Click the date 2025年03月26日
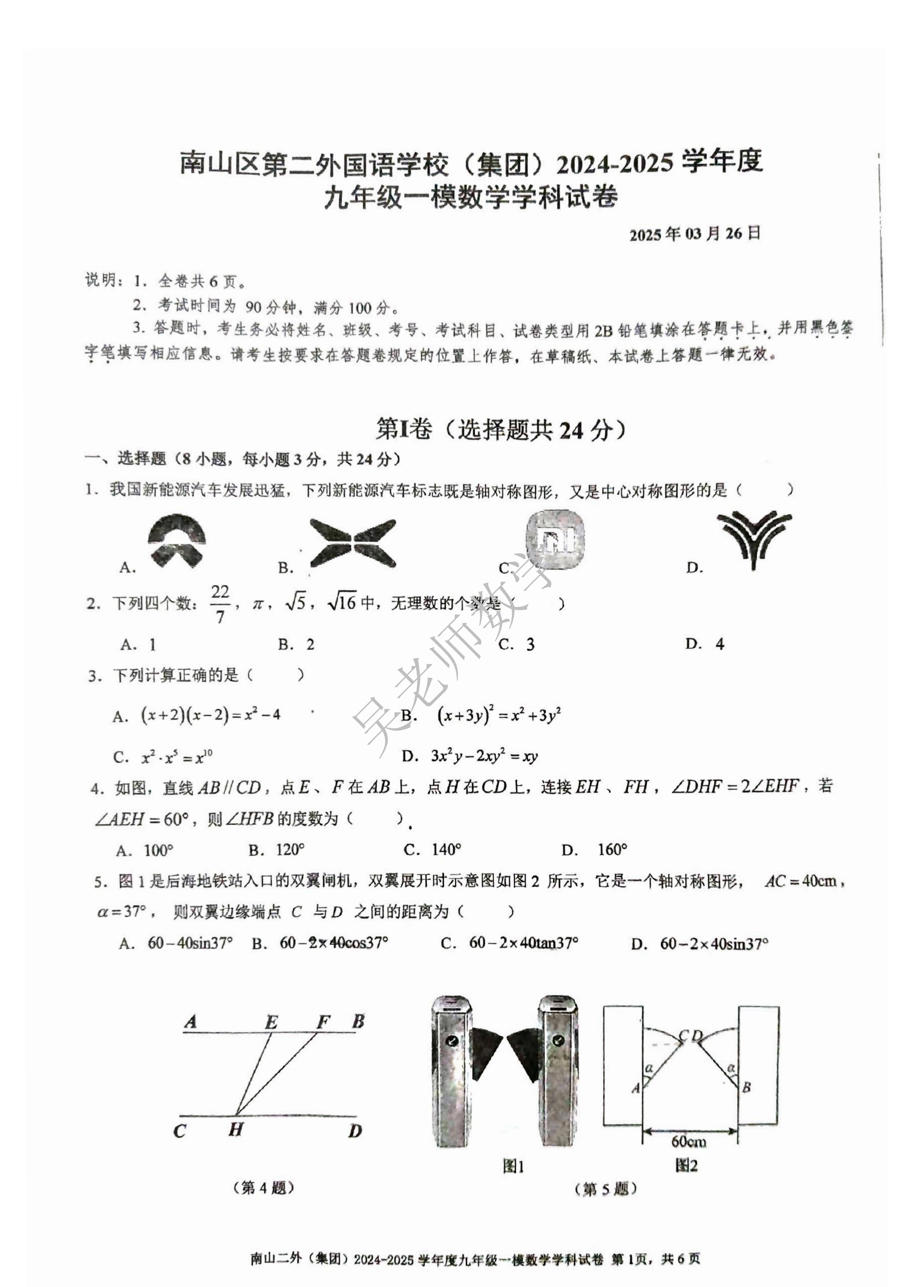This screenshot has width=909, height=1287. click(694, 234)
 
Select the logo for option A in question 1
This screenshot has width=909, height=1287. click(176, 540)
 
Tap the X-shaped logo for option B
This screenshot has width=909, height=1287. click(353, 542)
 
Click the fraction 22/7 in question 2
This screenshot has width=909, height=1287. click(220, 604)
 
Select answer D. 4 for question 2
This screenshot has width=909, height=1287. click(705, 644)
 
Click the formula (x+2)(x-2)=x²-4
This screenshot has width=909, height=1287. click(211, 715)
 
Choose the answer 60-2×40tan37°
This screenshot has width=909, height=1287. click(523, 943)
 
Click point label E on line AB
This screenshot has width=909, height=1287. click(271, 1023)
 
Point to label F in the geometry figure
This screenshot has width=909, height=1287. click(323, 1023)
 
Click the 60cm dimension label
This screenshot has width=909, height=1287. click(689, 1141)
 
